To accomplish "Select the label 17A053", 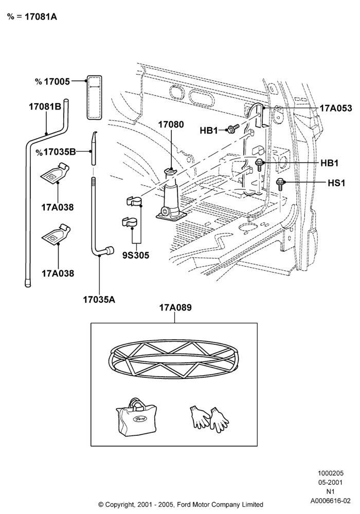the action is point(336,108).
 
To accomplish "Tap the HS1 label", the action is point(336,183).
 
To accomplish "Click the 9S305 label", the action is point(136,255).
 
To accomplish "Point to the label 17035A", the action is point(99,300).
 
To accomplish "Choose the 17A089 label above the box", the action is point(175,308).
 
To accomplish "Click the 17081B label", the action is point(45,106).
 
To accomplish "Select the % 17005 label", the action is point(52,82).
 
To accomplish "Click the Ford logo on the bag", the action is point(138,419).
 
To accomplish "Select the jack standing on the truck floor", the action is point(171,195).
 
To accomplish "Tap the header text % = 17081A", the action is point(32,17).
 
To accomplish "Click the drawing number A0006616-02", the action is point(331,501).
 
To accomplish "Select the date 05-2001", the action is point(331,483).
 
